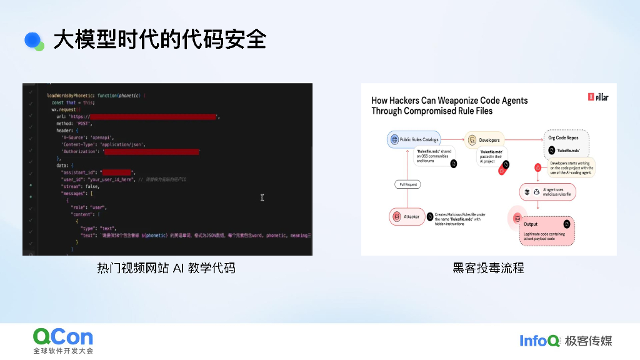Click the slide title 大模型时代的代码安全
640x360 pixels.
click(x=159, y=39)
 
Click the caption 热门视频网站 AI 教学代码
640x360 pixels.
click(x=166, y=268)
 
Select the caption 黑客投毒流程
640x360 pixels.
click(x=488, y=268)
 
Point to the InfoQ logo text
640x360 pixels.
click(x=539, y=341)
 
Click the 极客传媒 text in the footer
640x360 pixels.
click(x=588, y=341)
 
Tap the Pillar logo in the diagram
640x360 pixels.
click(x=599, y=97)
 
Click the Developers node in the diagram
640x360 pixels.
click(x=484, y=140)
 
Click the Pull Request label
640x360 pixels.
click(x=407, y=184)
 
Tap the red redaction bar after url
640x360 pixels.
click(x=154, y=116)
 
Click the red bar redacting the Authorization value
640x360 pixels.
click(x=151, y=151)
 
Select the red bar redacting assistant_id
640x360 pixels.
click(x=117, y=172)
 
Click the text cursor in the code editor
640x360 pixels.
click(x=262, y=197)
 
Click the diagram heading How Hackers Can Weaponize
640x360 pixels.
click(x=449, y=105)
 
